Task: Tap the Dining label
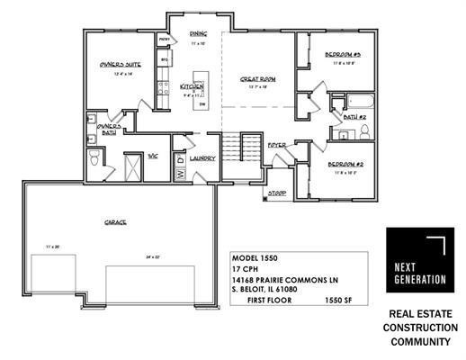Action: pos(199,34)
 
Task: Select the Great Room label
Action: pos(257,79)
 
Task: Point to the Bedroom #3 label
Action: pos(344,56)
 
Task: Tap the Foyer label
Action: pos(278,145)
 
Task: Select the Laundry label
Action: pos(202,158)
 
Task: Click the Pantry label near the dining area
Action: pos(166,40)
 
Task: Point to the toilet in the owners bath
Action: pos(94,159)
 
